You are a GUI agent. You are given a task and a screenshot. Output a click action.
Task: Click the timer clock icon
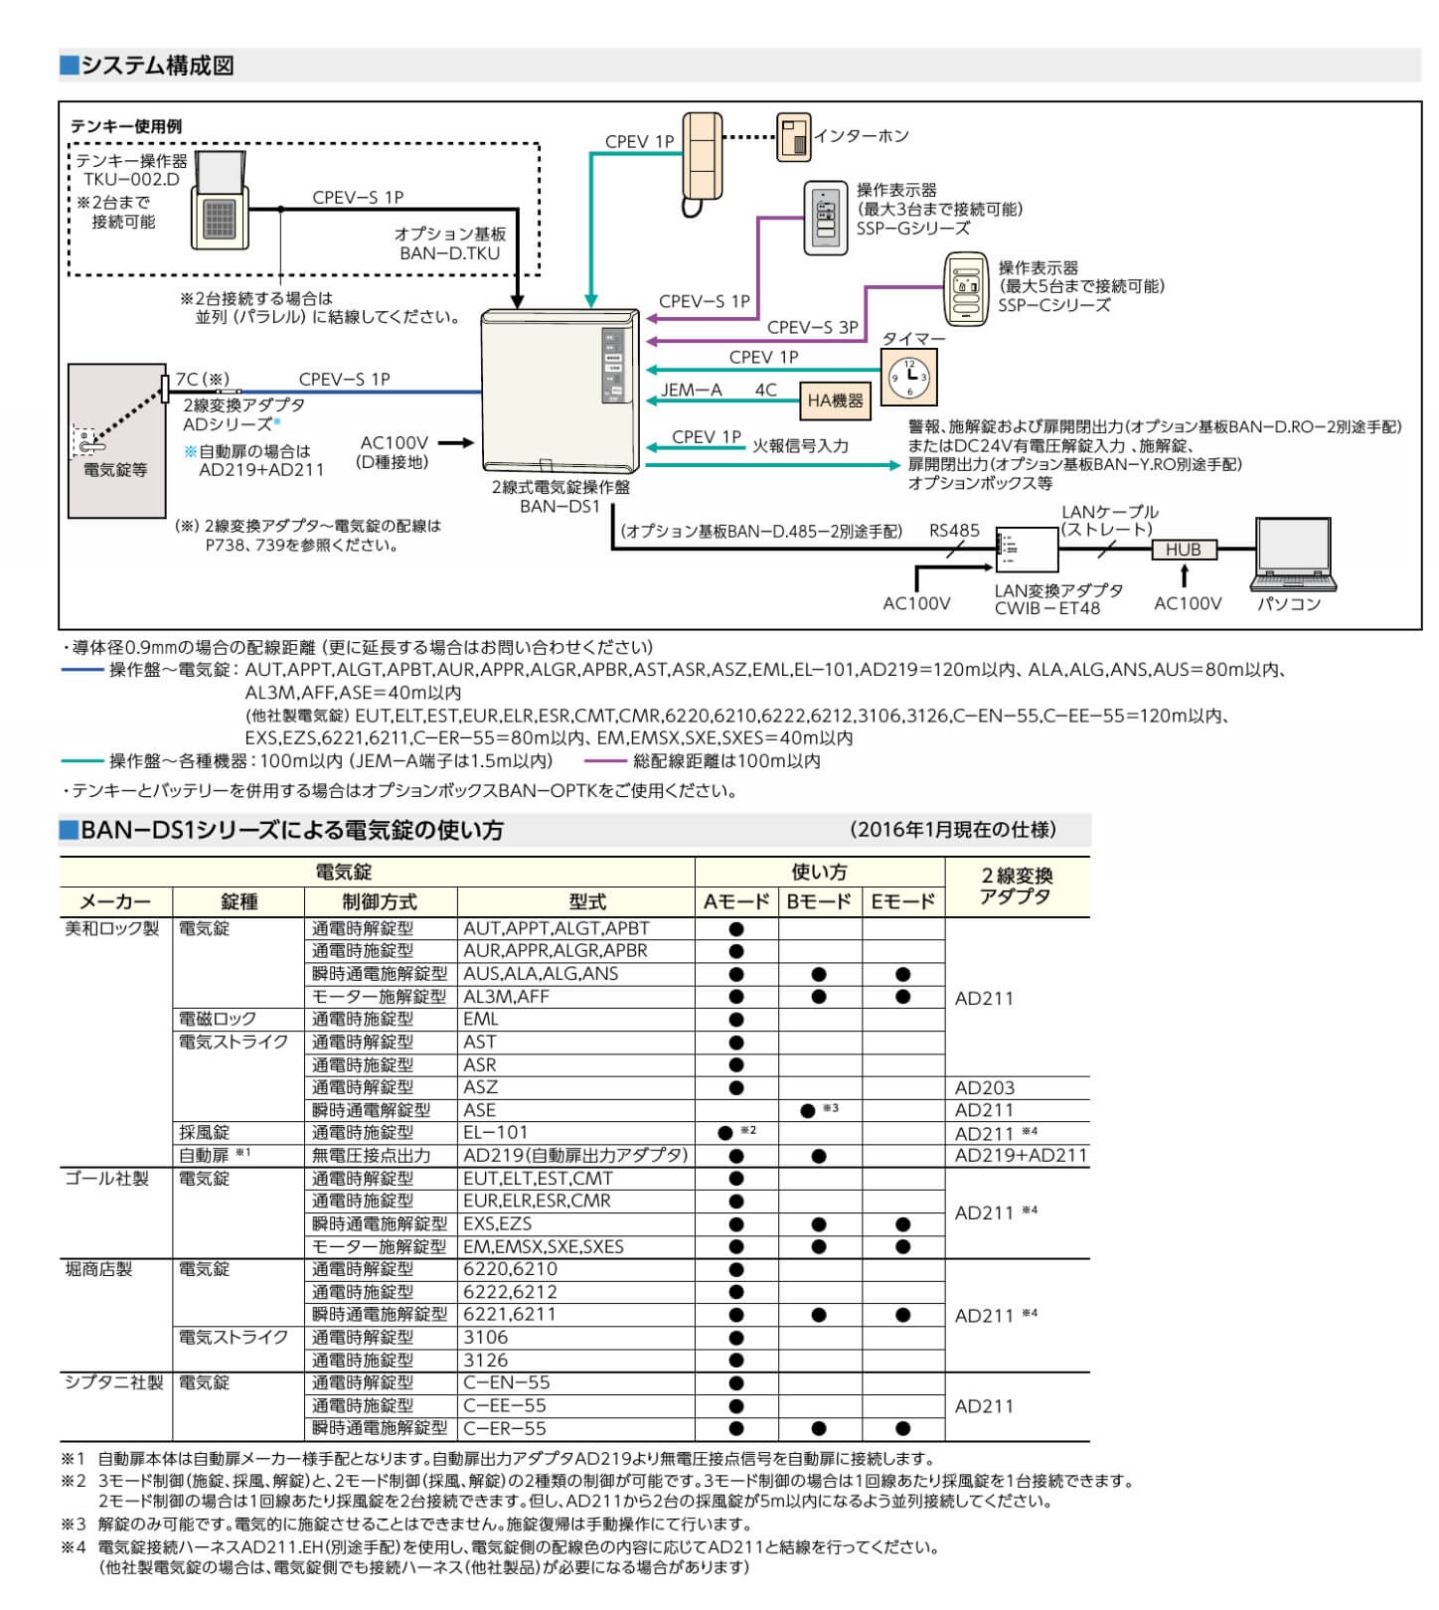click(908, 378)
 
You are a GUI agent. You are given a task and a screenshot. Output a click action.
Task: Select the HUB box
click(1183, 550)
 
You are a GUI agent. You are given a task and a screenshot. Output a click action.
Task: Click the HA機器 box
click(835, 402)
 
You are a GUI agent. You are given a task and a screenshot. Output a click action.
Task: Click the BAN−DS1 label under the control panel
click(560, 507)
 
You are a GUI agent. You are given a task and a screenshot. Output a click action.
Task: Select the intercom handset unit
click(702, 159)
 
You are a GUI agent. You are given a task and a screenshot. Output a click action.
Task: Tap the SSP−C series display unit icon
click(964, 288)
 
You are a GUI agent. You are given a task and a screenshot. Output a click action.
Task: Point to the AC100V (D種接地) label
click(394, 452)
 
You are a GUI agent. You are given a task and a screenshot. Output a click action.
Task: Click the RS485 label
click(954, 531)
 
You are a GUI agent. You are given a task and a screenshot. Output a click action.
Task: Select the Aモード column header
click(735, 902)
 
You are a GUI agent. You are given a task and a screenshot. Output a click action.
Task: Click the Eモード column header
click(902, 902)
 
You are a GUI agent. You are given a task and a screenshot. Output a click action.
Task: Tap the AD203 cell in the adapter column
click(985, 1088)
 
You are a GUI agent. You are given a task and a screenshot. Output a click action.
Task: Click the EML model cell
click(481, 1020)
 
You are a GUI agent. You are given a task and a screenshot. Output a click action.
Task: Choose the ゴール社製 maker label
click(106, 1179)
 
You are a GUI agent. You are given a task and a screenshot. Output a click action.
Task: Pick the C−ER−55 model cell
click(505, 1429)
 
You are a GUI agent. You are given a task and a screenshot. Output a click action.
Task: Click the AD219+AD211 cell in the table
click(1021, 1156)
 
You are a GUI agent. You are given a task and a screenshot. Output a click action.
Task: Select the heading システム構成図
click(157, 67)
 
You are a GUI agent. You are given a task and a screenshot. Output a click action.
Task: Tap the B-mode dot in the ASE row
click(808, 1110)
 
